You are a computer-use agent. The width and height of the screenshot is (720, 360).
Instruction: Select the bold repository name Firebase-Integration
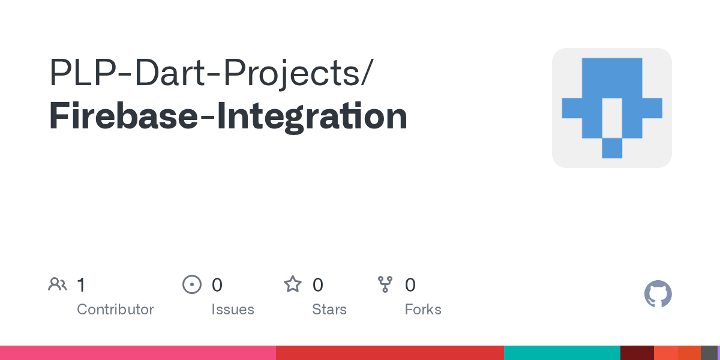pos(228,116)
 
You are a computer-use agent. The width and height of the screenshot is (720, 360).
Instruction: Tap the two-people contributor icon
pos(58,284)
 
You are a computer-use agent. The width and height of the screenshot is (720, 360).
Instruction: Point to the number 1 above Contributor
pos(81,284)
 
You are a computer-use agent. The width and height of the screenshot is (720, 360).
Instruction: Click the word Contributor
pos(115,310)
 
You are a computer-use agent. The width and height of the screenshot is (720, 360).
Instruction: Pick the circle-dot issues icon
pos(191,284)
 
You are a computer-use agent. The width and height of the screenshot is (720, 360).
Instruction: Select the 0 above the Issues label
pos(217,284)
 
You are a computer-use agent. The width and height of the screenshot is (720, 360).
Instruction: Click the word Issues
pos(233,310)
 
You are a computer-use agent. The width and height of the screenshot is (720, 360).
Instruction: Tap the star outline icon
pos(293,284)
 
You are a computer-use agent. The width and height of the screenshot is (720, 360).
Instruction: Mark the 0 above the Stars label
pos(318,284)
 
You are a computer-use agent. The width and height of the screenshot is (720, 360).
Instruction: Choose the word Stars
pos(329,310)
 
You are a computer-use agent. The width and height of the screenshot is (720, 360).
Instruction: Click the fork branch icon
pos(385,284)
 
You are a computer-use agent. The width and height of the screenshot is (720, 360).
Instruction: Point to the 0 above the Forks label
pos(410,284)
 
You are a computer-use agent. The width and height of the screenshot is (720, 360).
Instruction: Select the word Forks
pos(423,310)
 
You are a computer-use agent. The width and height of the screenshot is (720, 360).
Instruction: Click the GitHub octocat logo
pos(658,294)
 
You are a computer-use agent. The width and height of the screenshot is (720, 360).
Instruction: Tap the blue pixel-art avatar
pos(611,108)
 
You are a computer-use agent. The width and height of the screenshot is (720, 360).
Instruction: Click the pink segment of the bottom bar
pos(138,353)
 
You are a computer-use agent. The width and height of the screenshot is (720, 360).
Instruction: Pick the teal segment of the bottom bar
pos(562,353)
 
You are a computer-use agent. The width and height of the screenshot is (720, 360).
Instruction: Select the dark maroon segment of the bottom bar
pos(637,353)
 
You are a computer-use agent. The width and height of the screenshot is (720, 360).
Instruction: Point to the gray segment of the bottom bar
pos(709,353)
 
